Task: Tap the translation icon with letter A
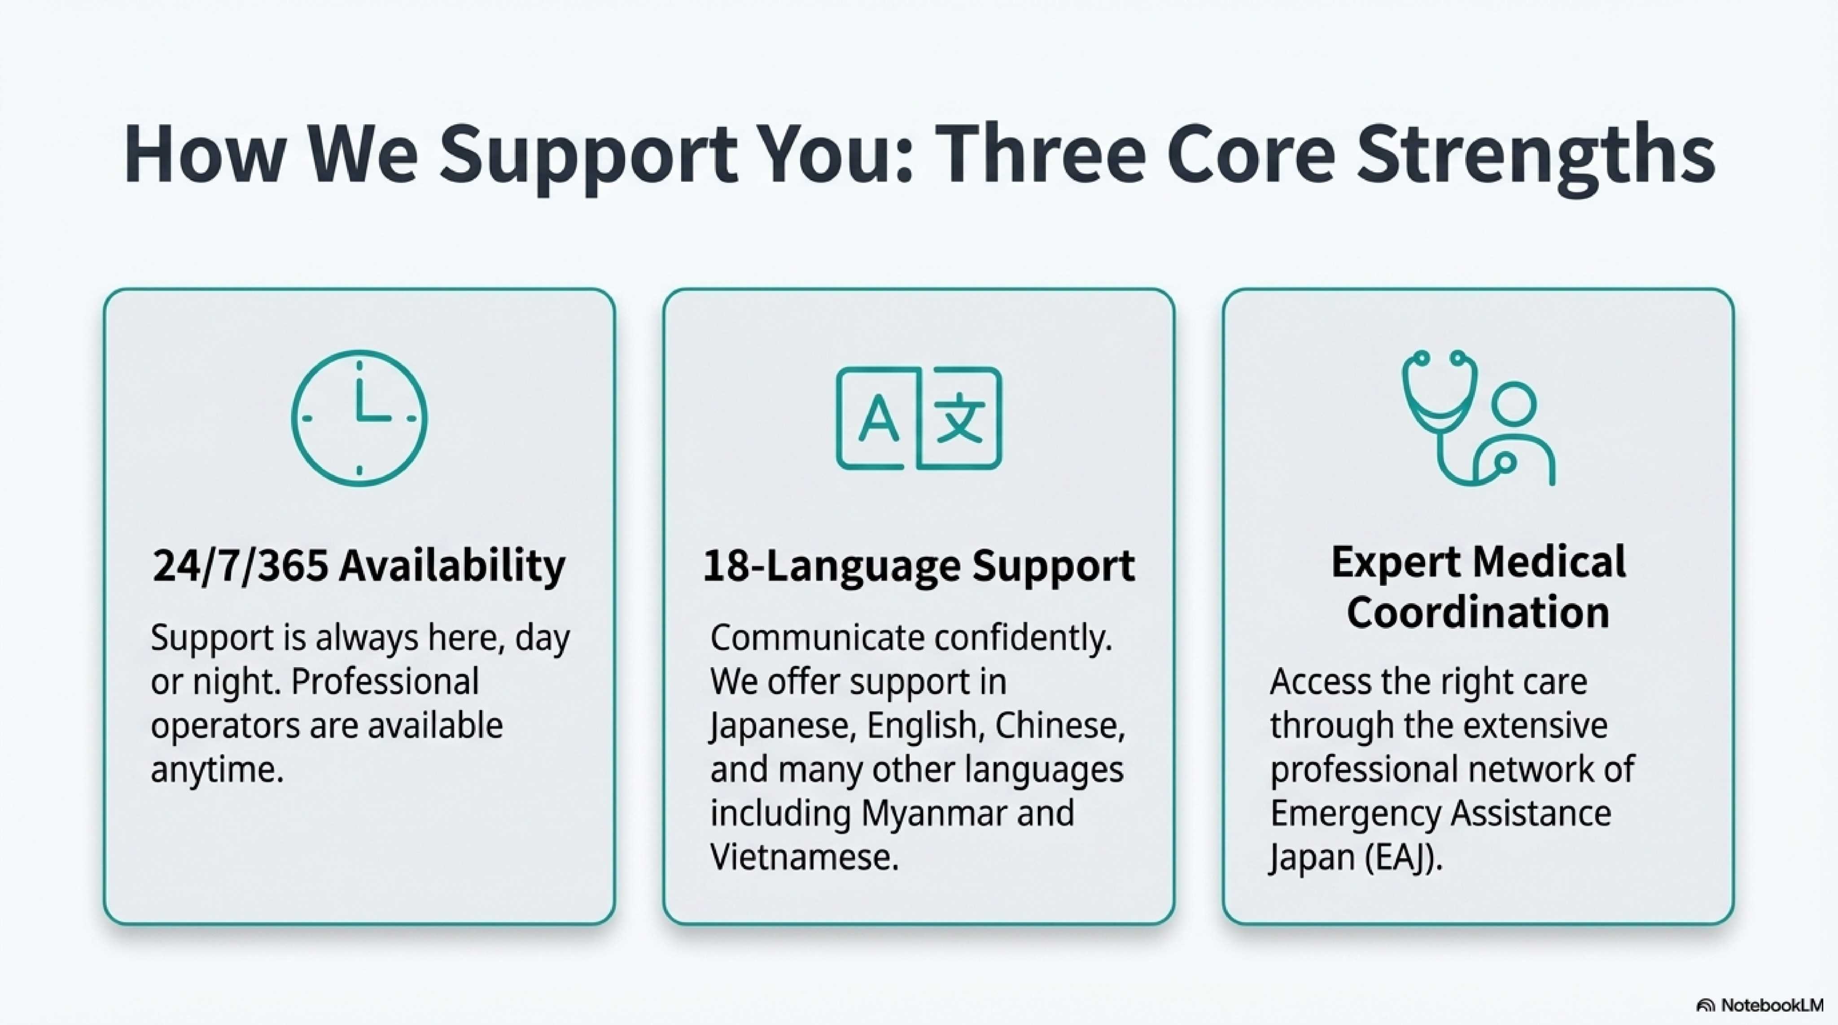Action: [x=919, y=418]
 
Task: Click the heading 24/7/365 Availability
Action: [x=359, y=566]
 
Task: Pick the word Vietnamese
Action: [x=804, y=857]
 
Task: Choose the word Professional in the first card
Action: [x=385, y=681]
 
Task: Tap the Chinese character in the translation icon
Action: [x=960, y=418]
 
